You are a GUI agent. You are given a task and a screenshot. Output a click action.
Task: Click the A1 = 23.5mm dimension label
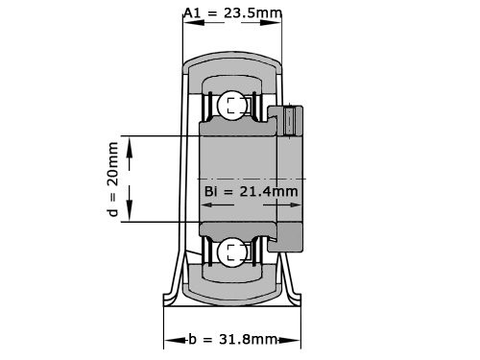click(x=231, y=12)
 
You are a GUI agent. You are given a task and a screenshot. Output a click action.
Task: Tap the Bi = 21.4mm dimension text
click(x=252, y=192)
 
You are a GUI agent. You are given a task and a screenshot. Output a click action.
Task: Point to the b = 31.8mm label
click(x=229, y=340)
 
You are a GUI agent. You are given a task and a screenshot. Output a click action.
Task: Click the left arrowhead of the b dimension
click(x=168, y=340)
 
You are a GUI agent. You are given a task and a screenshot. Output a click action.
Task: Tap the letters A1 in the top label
click(x=193, y=12)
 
